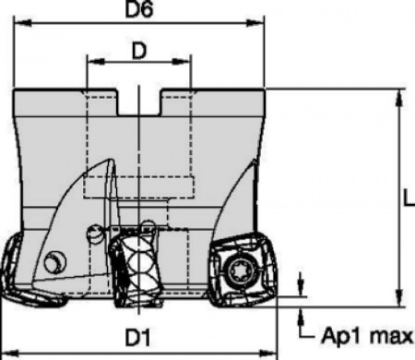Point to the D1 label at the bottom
(138, 339)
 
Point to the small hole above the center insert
(94, 237)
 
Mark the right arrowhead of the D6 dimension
(260, 30)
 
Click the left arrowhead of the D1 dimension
(6, 353)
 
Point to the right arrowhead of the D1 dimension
(273, 353)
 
